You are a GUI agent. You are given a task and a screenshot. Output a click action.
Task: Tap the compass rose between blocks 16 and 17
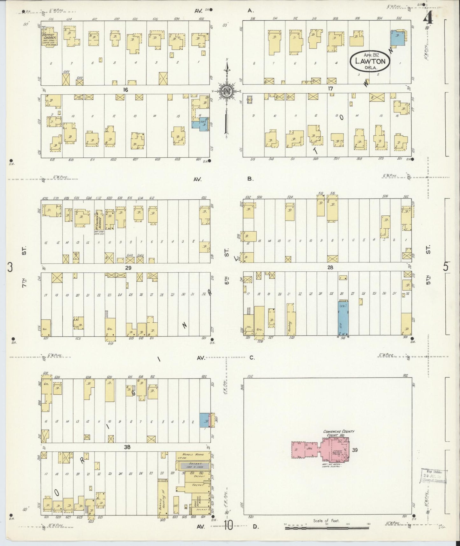[x=227, y=91]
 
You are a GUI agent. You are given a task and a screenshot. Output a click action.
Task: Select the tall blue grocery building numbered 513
[x=343, y=319]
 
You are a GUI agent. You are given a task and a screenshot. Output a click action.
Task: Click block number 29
[x=128, y=268]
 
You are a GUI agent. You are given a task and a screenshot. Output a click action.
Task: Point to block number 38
[x=127, y=447]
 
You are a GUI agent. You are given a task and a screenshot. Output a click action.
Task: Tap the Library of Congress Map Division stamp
[x=434, y=476]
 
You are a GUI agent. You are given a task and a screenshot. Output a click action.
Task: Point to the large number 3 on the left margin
[x=10, y=268]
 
